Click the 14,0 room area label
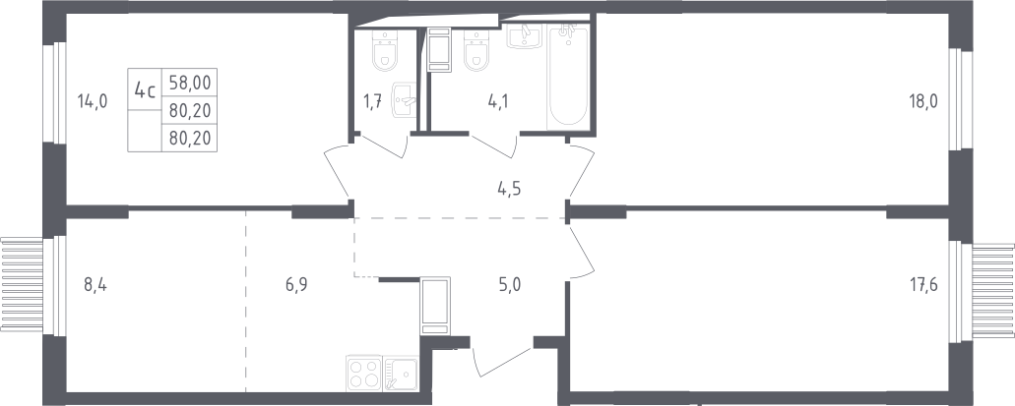tap(92, 101)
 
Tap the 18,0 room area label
tap(923, 100)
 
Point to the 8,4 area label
tap(95, 284)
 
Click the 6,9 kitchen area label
tap(295, 284)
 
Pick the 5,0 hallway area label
tap(509, 285)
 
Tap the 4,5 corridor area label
tap(509, 189)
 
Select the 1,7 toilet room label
tap(373, 100)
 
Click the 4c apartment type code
tap(145, 89)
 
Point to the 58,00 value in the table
tap(190, 83)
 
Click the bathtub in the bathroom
tap(568, 77)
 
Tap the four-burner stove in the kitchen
tap(364, 373)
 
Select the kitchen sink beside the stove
tap(401, 373)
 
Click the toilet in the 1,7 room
tap(385, 51)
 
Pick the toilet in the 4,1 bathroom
tap(476, 51)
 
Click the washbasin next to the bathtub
tap(527, 36)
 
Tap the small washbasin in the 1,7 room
tap(404, 99)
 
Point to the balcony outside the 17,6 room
tap(993, 290)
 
